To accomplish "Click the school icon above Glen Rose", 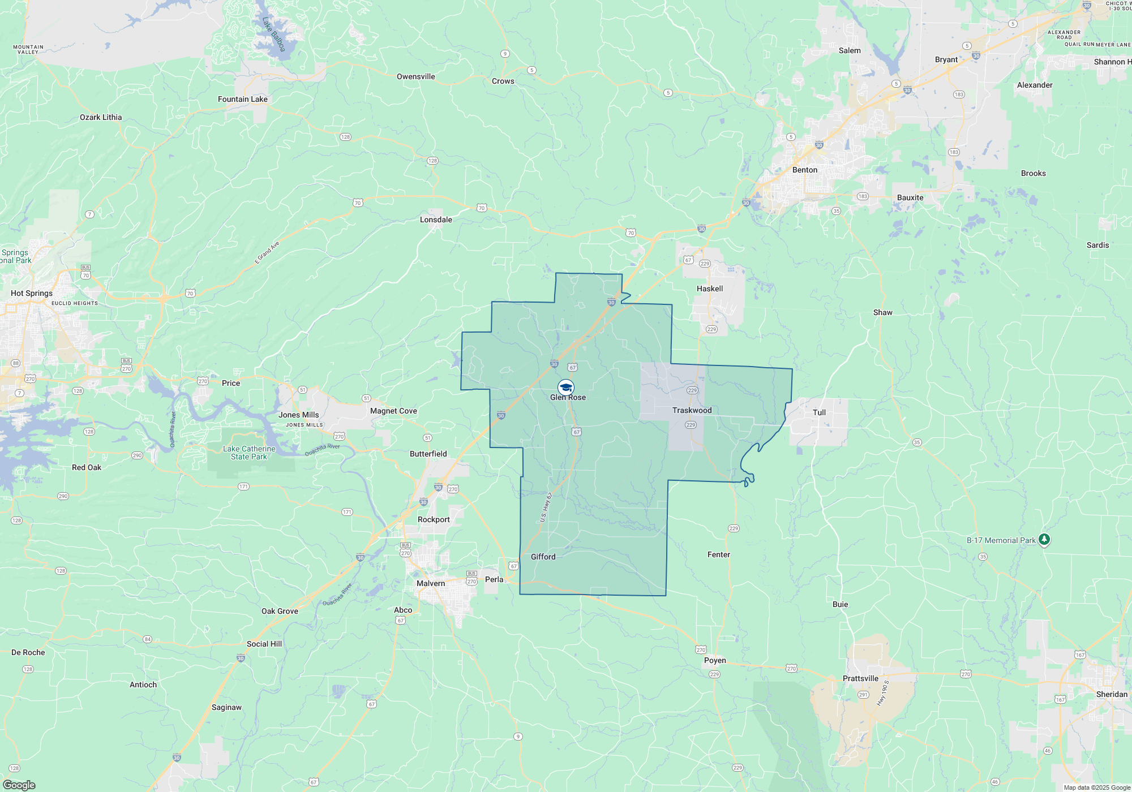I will [x=566, y=387].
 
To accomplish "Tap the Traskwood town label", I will [x=692, y=410].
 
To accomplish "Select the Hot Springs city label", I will [x=32, y=293].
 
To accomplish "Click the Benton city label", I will [x=804, y=170].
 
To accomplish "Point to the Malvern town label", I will [x=431, y=583].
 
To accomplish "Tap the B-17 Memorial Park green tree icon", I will [x=1044, y=540].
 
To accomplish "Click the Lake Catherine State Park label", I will [x=249, y=453].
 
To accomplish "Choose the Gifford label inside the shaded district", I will [x=543, y=557].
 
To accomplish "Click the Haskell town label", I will [x=709, y=289].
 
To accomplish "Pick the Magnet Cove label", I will [x=393, y=411].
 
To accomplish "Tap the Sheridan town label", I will [x=1112, y=694].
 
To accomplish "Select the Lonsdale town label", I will [x=436, y=219].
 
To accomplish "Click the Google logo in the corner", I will [x=19, y=785].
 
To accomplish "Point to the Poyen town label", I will [x=715, y=660].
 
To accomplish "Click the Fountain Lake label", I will [x=243, y=99].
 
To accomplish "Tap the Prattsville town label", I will [x=860, y=678].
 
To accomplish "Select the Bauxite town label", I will [x=910, y=197].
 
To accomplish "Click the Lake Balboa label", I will [x=274, y=34].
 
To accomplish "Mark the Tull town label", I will [x=819, y=412].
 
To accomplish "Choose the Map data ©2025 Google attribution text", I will [x=1097, y=787].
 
